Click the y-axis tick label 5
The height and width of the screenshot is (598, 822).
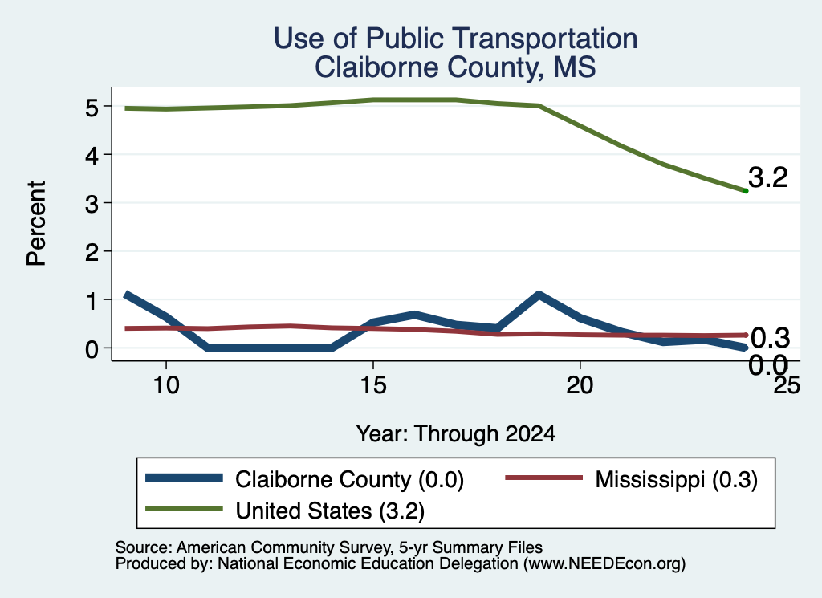[92, 108]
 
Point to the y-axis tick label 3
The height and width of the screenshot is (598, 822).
[92, 204]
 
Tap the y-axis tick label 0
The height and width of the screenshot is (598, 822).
[92, 349]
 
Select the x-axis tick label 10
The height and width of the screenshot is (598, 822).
[166, 386]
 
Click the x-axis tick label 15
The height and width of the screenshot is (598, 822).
[373, 386]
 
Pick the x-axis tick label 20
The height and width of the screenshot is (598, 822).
[580, 386]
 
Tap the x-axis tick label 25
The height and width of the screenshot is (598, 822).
[787, 386]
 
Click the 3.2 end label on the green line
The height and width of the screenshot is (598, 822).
[768, 177]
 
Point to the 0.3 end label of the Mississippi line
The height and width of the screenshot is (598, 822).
[770, 338]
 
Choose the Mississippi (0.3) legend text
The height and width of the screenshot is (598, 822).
[676, 479]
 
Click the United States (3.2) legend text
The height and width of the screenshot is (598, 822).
[330, 511]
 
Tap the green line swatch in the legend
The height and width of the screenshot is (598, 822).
[184, 509]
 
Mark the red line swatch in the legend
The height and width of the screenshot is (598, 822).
[543, 478]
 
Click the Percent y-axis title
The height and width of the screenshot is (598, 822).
[37, 223]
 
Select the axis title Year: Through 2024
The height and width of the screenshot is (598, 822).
[456, 434]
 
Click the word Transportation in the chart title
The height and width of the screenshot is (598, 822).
[545, 39]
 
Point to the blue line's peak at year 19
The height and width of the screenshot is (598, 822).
[539, 295]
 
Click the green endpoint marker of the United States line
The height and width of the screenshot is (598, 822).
[746, 191]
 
